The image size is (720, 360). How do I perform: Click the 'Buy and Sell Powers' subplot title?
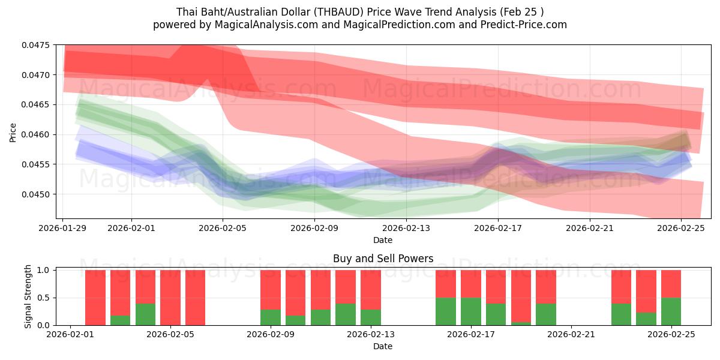click(383, 259)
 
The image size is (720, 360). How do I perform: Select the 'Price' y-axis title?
click(13, 132)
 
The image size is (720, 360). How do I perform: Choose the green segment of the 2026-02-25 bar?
click(671, 311)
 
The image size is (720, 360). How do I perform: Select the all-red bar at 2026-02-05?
click(170, 298)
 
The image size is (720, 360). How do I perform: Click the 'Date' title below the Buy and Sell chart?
click(383, 346)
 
